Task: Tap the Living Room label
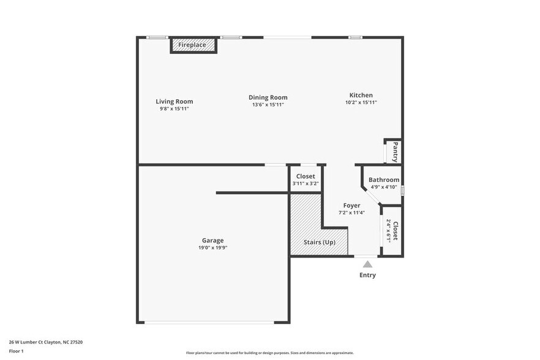pyautogui.click(x=174, y=102)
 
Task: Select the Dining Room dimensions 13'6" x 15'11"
pyautogui.click(x=268, y=105)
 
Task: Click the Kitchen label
pyautogui.click(x=361, y=95)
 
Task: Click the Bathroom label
pyautogui.click(x=384, y=180)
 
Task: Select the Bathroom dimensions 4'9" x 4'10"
pyautogui.click(x=384, y=187)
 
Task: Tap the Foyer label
pyautogui.click(x=351, y=206)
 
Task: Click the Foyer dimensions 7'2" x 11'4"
pyautogui.click(x=351, y=213)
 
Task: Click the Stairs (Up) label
pyautogui.click(x=320, y=242)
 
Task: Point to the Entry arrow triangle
pyautogui.click(x=367, y=264)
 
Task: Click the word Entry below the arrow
pyautogui.click(x=367, y=276)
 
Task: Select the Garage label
pyautogui.click(x=212, y=241)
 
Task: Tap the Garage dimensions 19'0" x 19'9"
pyautogui.click(x=212, y=248)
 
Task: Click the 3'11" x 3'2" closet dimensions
pyautogui.click(x=306, y=184)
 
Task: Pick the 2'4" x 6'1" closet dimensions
pyautogui.click(x=388, y=231)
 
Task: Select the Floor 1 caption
pyautogui.click(x=16, y=351)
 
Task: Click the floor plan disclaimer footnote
pyautogui.click(x=269, y=353)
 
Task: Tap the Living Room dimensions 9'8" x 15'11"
pyautogui.click(x=174, y=109)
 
